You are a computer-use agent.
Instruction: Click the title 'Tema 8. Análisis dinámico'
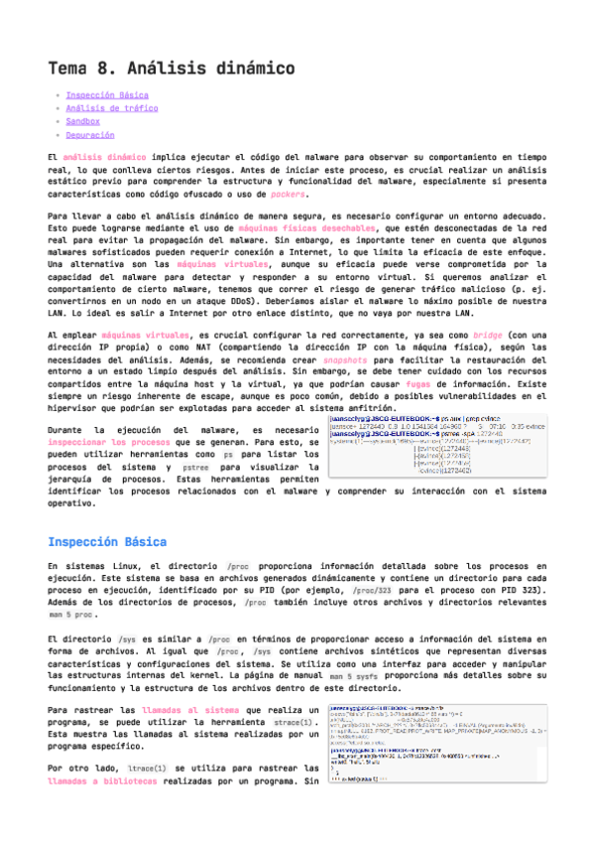[172, 69]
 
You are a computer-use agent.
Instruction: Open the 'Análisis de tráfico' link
[112, 108]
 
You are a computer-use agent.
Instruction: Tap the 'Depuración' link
[90, 135]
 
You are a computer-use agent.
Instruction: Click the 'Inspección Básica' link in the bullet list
[107, 95]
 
